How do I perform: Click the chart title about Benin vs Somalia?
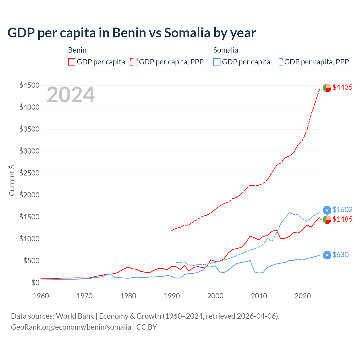point(131,33)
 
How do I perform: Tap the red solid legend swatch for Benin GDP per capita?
point(72,62)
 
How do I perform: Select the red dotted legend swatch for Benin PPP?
point(134,62)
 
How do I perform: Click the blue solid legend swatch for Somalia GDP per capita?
point(217,62)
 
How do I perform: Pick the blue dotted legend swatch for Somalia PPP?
point(279,62)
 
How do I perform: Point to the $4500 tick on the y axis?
point(29,85)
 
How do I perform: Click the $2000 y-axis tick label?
point(29,195)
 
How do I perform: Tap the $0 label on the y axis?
point(35,283)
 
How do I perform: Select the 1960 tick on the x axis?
point(41,296)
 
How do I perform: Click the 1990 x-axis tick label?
point(172,296)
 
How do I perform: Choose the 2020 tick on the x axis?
point(303,296)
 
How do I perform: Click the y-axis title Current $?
point(12,180)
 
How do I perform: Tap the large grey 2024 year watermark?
point(71,95)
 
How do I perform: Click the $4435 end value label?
point(342,87)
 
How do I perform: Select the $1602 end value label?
point(342,210)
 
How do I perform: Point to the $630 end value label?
point(340,255)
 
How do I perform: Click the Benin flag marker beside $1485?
point(327,220)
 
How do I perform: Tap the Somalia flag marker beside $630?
point(327,255)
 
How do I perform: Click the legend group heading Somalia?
point(226,50)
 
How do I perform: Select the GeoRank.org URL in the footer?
point(71,327)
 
